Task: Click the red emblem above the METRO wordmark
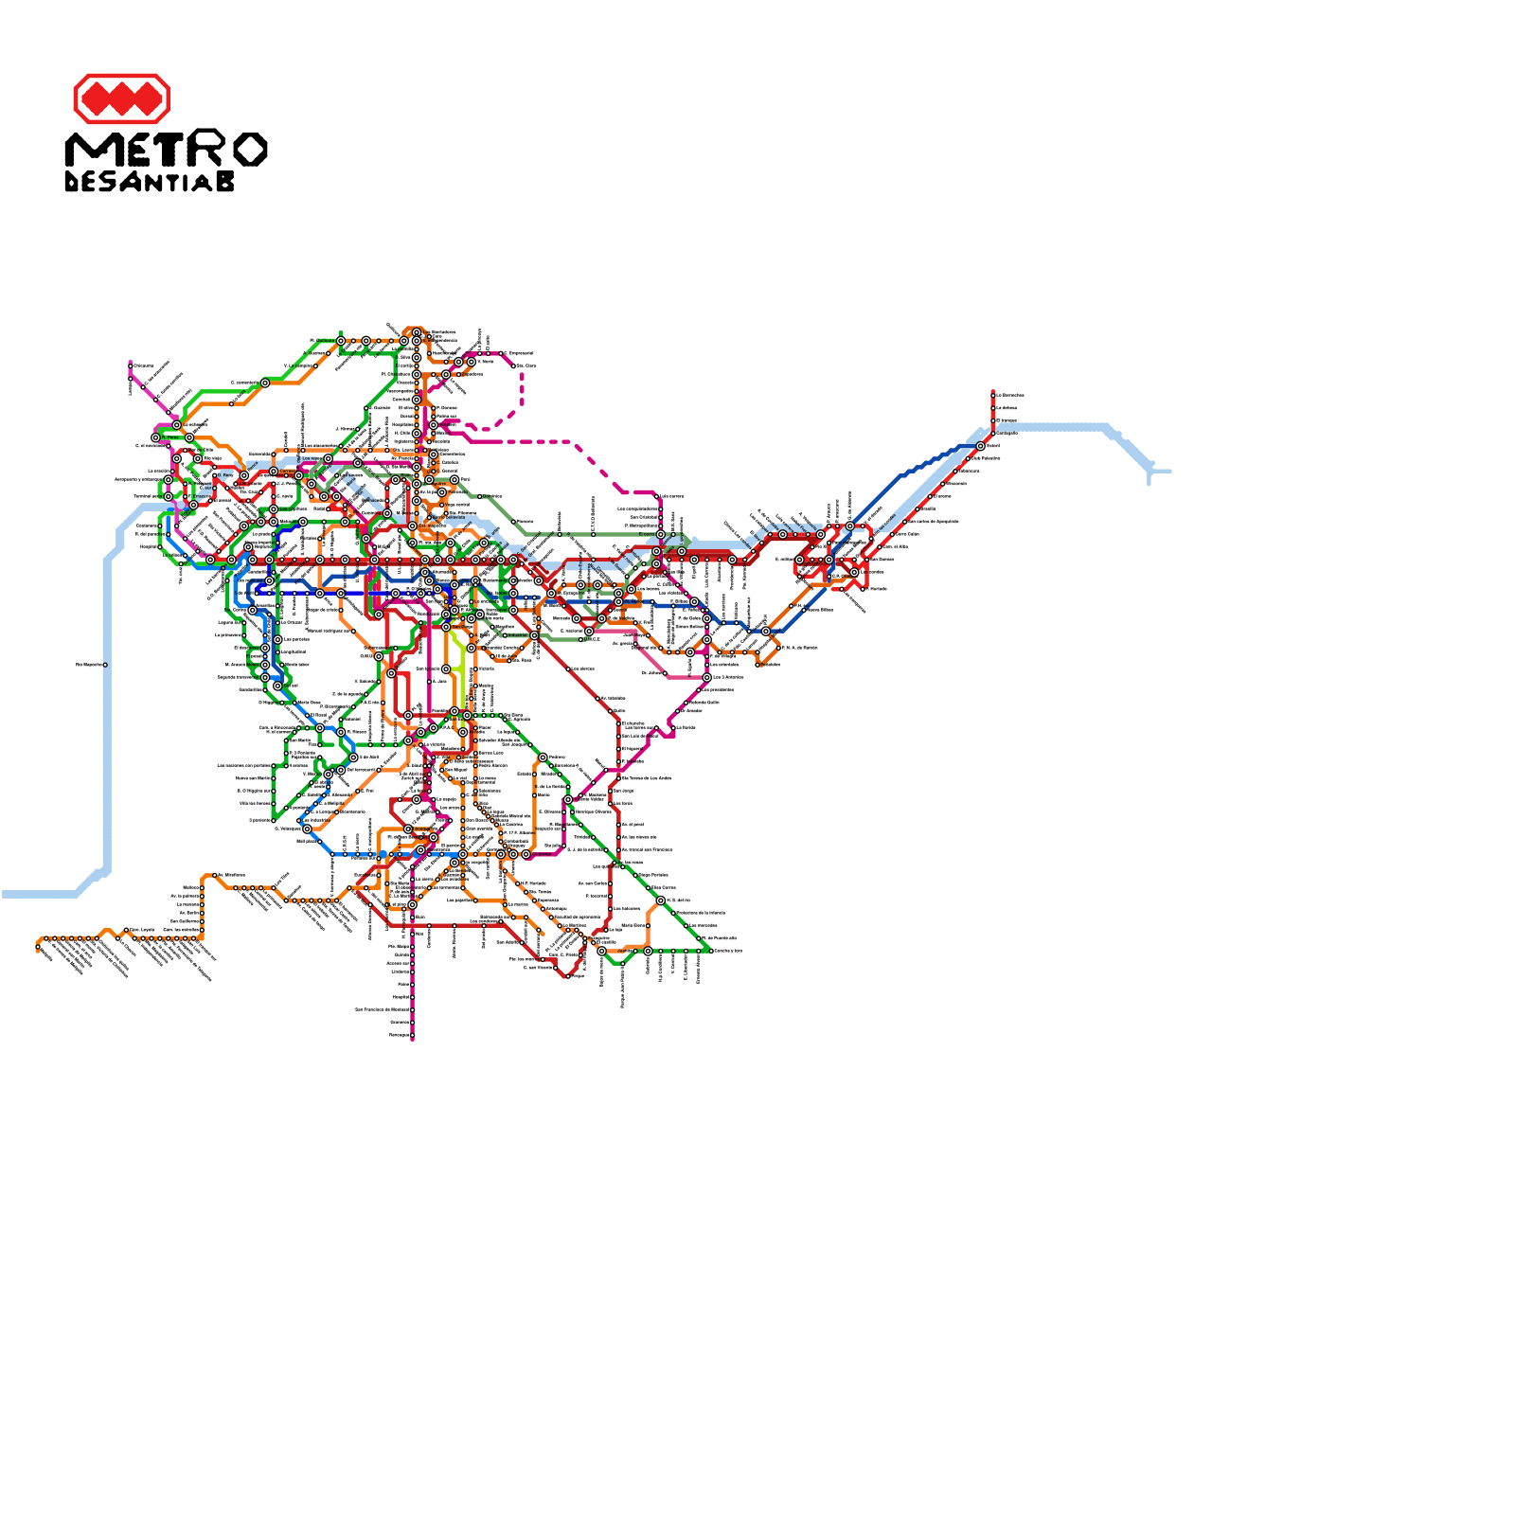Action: (x=121, y=98)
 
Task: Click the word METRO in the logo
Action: (x=166, y=150)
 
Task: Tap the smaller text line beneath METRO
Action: (x=150, y=182)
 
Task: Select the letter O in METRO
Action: (x=249, y=150)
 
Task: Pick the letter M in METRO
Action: (x=87, y=150)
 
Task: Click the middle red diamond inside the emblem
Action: (x=121, y=98)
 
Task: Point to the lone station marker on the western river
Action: (x=105, y=665)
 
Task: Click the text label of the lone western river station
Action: (x=89, y=665)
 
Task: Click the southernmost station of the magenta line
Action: (x=413, y=1035)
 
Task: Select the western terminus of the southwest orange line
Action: (x=39, y=947)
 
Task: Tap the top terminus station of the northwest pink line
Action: (x=131, y=365)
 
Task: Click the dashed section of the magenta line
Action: (x=568, y=442)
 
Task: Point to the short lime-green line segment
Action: (x=461, y=672)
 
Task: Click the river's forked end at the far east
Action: (x=1151, y=471)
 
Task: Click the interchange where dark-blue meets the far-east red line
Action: (x=981, y=446)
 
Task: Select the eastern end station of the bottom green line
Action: (x=708, y=950)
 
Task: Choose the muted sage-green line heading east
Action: (x=606, y=534)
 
